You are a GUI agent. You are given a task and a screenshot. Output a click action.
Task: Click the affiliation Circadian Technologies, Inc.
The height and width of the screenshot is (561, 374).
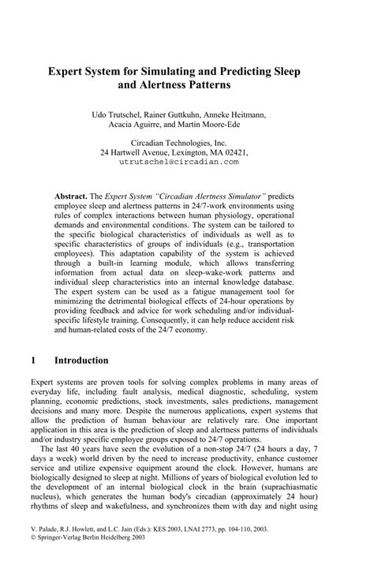tap(186, 144)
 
